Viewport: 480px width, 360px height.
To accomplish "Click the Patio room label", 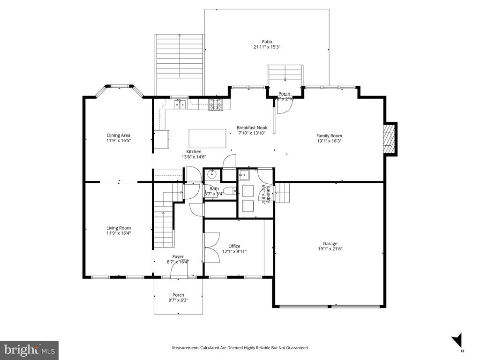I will tap(267, 41).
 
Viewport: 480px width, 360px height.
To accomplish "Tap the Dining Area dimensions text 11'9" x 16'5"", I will tap(118, 140).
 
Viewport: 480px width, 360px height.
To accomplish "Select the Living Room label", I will tap(118, 228).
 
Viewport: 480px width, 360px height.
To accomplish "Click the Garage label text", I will tap(330, 243).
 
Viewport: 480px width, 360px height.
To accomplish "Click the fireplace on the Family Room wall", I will tap(390, 139).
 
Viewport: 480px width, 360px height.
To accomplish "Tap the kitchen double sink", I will tap(180, 105).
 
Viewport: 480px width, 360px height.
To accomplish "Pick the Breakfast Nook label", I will tap(252, 127).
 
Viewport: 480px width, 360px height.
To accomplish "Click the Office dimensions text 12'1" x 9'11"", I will tap(234, 251).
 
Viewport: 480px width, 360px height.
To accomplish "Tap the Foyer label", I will tap(178, 256).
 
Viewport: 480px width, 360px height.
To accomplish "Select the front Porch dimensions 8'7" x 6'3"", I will tap(178, 300).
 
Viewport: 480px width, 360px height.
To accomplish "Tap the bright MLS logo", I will tap(29, 350).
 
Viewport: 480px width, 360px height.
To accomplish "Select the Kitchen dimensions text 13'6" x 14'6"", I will tap(194, 157).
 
